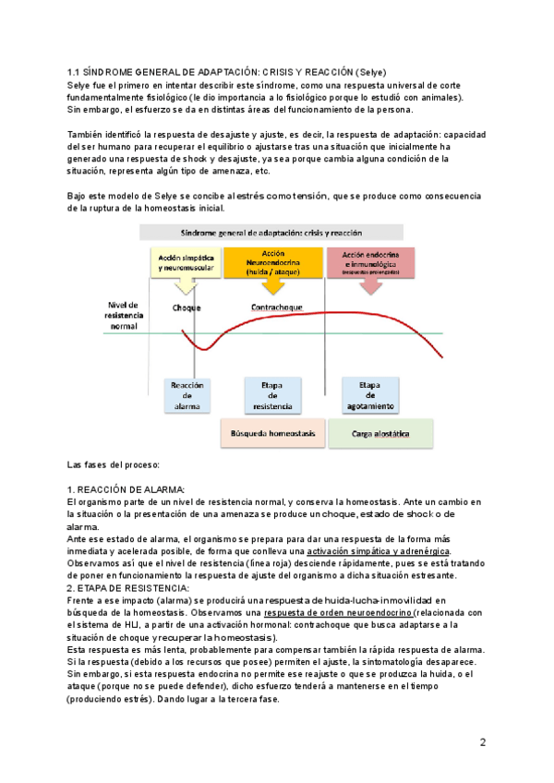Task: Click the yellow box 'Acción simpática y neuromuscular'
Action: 187,260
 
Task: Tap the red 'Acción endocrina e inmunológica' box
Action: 371,260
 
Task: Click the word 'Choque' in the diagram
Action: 187,307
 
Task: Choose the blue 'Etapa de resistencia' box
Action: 272,394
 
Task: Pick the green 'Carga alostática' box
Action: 380,433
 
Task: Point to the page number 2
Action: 483,742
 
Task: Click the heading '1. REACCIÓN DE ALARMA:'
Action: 126,488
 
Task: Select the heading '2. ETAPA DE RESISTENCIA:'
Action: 128,587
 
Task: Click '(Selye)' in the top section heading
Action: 367,72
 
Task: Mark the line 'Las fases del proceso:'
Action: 114,464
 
